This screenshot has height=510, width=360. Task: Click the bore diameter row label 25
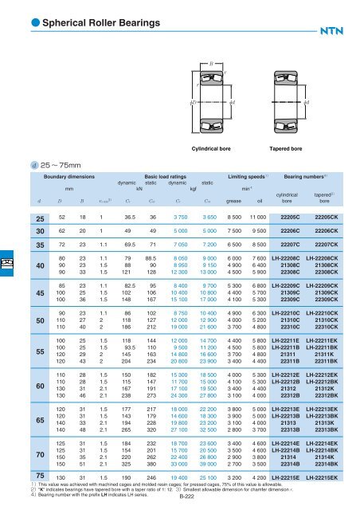15,216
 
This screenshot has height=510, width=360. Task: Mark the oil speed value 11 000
256,216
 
